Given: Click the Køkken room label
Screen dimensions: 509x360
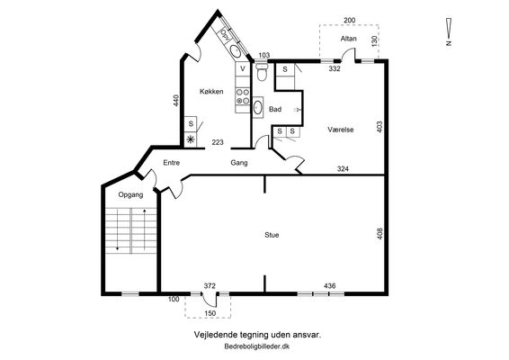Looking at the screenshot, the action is pyautogui.click(x=211, y=91).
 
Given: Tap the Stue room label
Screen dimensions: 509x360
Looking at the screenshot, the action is pyautogui.click(x=272, y=235).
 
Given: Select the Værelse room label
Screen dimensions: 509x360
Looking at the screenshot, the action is pyautogui.click(x=341, y=130).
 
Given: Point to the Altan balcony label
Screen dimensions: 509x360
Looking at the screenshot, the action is pyautogui.click(x=349, y=39).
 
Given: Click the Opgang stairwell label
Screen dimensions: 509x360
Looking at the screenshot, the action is pyautogui.click(x=130, y=195).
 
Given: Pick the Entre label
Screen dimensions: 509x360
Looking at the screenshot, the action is pyautogui.click(x=172, y=163).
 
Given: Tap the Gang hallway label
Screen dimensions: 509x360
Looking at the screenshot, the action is pyautogui.click(x=239, y=163).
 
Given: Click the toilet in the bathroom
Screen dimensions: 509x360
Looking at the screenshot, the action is pyautogui.click(x=262, y=71).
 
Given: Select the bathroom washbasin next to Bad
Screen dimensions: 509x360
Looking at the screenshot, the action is pyautogui.click(x=257, y=107).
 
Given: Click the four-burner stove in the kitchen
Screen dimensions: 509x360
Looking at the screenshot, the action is pyautogui.click(x=243, y=96).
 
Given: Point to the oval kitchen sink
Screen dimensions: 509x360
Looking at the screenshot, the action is pyautogui.click(x=236, y=50).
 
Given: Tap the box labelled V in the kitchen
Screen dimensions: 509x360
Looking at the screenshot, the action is pyautogui.click(x=243, y=68).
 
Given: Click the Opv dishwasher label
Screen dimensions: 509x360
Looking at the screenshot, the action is pyautogui.click(x=225, y=34).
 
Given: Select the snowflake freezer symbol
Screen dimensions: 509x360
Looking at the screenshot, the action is pyautogui.click(x=191, y=139).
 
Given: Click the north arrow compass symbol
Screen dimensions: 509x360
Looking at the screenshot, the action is pyautogui.click(x=449, y=31).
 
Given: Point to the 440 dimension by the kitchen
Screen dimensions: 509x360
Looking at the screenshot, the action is pyautogui.click(x=176, y=101).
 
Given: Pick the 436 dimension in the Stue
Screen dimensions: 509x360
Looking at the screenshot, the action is pyautogui.click(x=329, y=286).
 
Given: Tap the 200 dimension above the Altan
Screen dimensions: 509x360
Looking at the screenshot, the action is pyautogui.click(x=349, y=20).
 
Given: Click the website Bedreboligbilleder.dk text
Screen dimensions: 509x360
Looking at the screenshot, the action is pyautogui.click(x=257, y=346).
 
